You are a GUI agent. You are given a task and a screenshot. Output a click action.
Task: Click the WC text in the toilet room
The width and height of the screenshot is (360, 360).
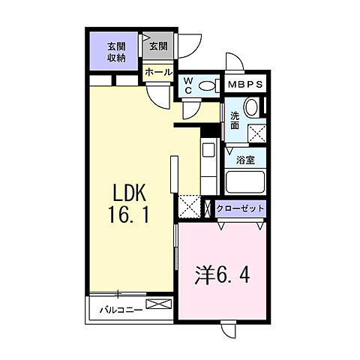tap(187, 83)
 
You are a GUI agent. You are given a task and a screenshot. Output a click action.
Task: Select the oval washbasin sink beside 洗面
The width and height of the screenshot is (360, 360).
tap(251, 108)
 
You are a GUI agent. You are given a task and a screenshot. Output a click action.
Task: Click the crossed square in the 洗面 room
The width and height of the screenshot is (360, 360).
tap(258, 133)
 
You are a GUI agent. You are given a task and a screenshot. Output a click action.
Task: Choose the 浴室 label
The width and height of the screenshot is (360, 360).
tap(245, 160)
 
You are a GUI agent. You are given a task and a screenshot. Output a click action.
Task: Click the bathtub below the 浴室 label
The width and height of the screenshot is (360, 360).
tap(244, 181)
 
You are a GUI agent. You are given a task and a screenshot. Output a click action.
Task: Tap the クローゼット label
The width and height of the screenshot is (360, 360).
tap(241, 208)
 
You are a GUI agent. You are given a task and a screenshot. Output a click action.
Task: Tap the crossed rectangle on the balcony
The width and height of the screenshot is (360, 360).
tap(158, 304)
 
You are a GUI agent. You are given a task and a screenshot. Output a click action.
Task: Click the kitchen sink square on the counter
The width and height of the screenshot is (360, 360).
tap(208, 148)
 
